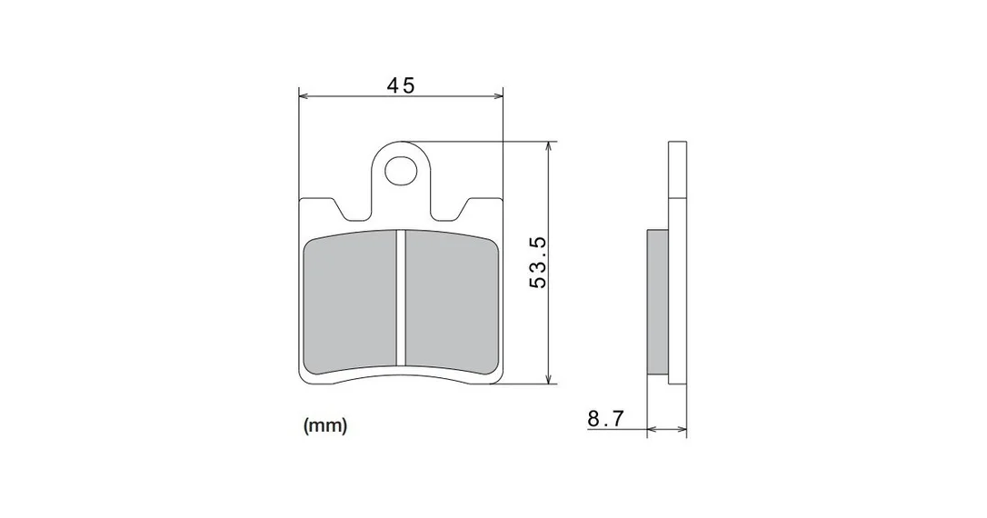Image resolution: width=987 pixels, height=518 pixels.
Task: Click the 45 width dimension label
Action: point(400,85)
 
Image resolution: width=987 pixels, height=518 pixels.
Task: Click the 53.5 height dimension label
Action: point(538,263)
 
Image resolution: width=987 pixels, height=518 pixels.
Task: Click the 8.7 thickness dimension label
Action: point(605,418)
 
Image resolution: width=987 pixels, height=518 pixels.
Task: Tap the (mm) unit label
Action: point(325,426)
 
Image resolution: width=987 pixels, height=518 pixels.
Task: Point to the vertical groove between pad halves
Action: point(401,297)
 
